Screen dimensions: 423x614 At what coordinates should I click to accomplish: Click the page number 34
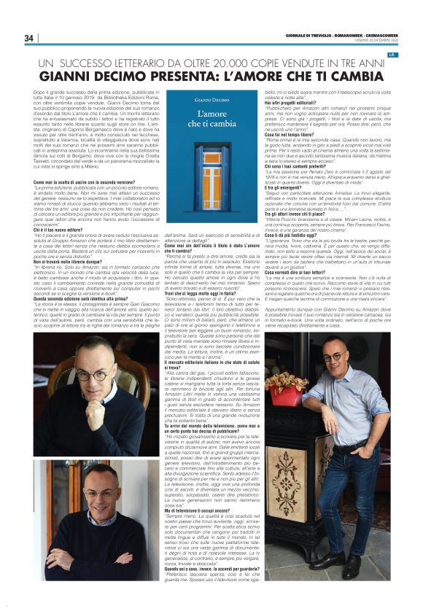coord(28,38)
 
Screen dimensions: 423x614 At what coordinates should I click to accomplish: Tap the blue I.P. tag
coord(411,55)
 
